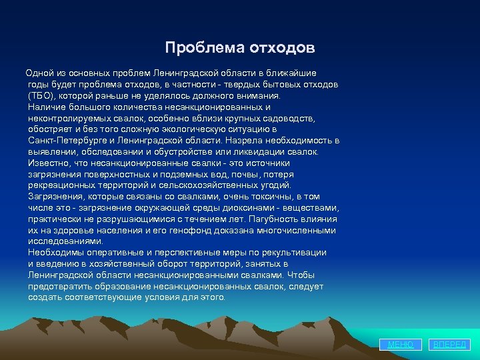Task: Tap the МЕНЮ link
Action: point(401,344)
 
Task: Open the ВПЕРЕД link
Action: point(451,344)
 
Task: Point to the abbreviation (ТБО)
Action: point(42,95)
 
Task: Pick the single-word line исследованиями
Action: point(65,241)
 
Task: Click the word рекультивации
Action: point(297,253)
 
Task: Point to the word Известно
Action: point(49,163)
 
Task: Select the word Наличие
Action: point(46,107)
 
